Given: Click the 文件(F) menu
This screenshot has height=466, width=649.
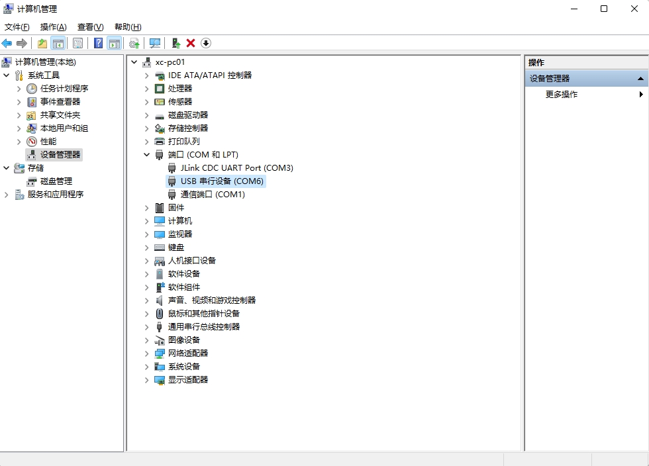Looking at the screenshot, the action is point(17,27).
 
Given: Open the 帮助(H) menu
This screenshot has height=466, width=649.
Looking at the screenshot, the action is point(128,27).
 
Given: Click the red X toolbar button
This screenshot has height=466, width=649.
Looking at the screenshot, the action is point(191,43).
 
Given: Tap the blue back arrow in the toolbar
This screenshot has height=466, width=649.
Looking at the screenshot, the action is point(7,43).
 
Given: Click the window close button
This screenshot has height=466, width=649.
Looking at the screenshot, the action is point(634,9).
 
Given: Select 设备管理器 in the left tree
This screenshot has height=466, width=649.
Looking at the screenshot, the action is point(60,155).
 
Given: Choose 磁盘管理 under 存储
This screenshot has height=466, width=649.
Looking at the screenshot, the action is point(56,181).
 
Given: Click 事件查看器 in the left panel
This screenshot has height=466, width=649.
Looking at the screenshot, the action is point(60,102).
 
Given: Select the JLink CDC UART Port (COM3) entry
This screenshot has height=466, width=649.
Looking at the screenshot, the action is point(237,168).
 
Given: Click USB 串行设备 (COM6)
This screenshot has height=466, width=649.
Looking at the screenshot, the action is point(222,181).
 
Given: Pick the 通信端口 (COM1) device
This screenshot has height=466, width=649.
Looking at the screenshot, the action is point(213,195).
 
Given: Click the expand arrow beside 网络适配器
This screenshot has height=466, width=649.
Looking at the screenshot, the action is point(146,353).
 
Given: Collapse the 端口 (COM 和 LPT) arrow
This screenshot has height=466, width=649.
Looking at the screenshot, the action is point(146,155).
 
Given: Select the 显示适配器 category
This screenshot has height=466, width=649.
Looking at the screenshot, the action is point(188,380).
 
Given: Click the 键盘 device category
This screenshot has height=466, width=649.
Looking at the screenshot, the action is point(176,248).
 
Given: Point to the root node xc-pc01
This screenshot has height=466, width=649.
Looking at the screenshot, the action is point(170,62).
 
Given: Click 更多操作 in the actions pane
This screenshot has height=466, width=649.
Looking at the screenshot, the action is point(562,95).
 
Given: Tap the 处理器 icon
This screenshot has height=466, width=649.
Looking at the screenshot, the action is point(160,89).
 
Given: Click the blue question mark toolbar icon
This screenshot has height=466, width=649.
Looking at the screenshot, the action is point(98,43).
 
